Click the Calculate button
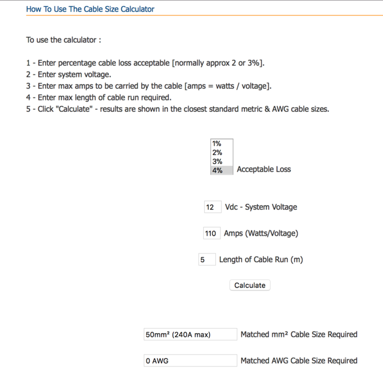click(x=249, y=285)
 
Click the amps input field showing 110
click(x=211, y=234)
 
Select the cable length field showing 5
click(x=207, y=260)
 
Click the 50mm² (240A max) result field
click(x=190, y=334)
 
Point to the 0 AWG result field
click(x=190, y=361)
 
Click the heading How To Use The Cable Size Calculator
click(x=90, y=9)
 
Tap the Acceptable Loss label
click(x=264, y=169)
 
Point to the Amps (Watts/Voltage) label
click(x=261, y=233)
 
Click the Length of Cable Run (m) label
click(x=261, y=259)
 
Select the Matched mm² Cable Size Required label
click(x=299, y=334)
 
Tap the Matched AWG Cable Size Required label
click(x=299, y=361)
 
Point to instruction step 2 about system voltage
click(x=69, y=75)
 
